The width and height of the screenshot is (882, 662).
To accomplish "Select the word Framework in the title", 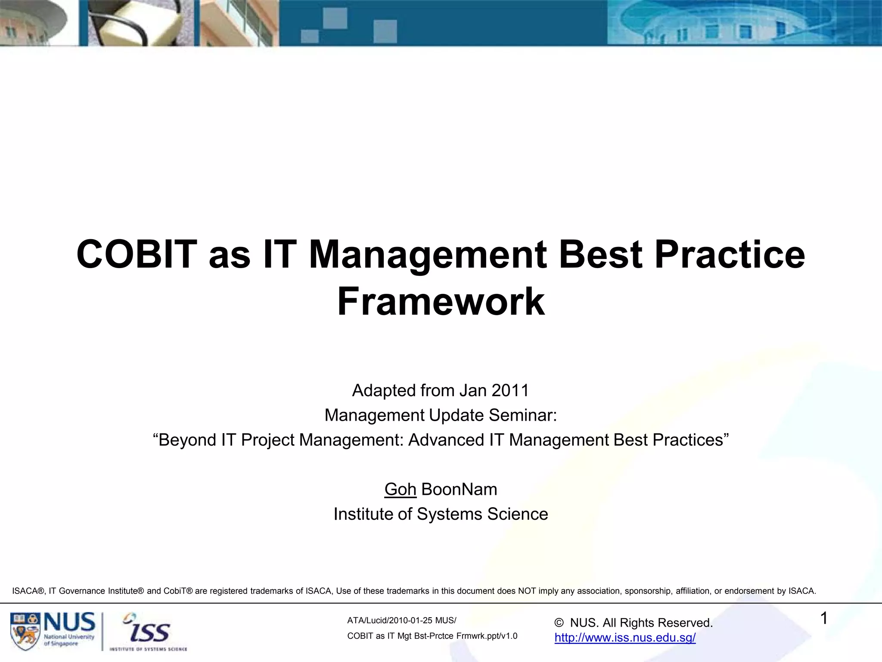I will [441, 302].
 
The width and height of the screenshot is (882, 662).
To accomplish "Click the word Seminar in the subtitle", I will [522, 415].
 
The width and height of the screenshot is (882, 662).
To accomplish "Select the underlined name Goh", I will [400, 490].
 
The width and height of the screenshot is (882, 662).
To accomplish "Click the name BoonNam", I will [459, 490].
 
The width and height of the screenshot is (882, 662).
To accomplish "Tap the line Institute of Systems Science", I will [441, 514].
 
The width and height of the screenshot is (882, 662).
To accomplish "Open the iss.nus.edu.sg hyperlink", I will [625, 638].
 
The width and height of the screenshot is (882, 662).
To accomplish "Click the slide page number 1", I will [823, 619].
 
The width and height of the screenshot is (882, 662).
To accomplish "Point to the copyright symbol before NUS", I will [559, 623].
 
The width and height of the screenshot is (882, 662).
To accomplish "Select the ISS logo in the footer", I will [149, 632].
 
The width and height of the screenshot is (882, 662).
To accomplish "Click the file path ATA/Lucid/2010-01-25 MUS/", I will [401, 621].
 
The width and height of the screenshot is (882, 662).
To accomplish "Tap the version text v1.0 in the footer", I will [508, 636].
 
